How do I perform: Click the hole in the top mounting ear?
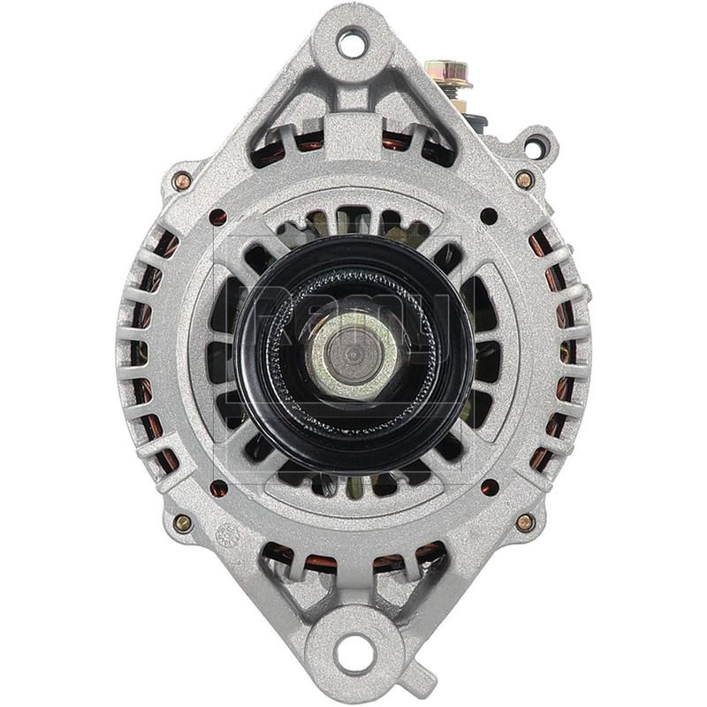click(x=352, y=41)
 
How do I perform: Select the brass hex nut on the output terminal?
click(x=446, y=72)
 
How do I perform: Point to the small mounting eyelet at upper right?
click(x=537, y=142)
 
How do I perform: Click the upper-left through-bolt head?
click(x=182, y=181)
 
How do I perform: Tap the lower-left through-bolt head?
click(x=183, y=522)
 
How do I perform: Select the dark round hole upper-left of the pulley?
click(x=218, y=217)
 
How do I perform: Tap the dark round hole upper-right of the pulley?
click(x=488, y=216)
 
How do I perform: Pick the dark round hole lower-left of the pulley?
click(x=218, y=488)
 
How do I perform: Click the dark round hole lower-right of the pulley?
click(x=489, y=487)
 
